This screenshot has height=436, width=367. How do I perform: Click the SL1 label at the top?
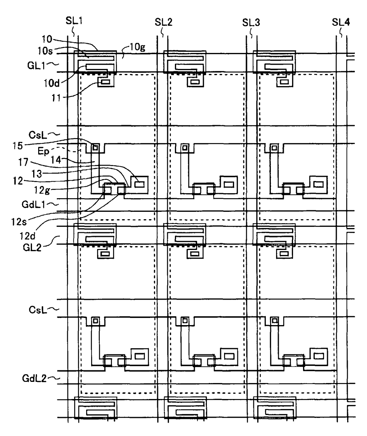coord(74,21)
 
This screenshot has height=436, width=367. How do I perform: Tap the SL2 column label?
coord(163,22)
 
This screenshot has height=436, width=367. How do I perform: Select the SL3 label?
coord(251,22)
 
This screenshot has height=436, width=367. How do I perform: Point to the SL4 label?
coord(341,22)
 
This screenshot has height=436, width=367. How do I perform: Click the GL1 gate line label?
coord(36,65)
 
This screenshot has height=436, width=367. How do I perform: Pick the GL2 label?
coord(32,247)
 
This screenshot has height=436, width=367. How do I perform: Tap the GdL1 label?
coord(33,204)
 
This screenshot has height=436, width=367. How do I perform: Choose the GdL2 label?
coord(34,378)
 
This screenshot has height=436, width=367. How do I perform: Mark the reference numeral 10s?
coord(45,51)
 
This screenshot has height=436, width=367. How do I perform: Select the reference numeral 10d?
coord(51,83)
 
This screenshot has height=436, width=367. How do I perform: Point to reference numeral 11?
coord(56,98)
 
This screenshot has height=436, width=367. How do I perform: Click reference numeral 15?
coord(17,146)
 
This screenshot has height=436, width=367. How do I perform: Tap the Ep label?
coord(43,151)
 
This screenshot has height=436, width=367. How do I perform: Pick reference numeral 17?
coord(23,162)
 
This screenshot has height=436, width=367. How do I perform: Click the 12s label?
coord(19,222)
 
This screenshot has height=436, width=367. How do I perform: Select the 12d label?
coord(28,236)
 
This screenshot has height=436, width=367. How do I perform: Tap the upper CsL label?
coord(38,135)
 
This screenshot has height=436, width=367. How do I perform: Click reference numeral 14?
coord(56,160)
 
